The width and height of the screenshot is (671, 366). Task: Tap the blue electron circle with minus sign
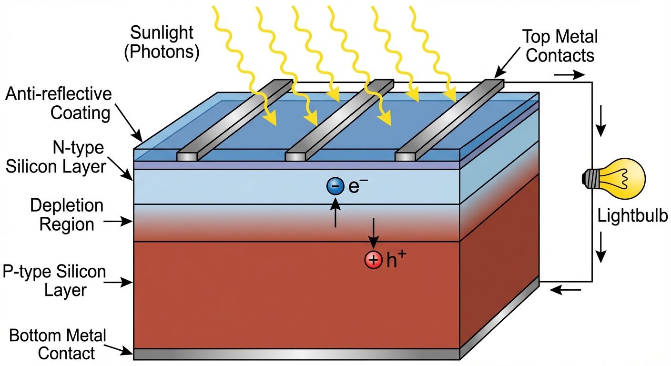coord(335,186)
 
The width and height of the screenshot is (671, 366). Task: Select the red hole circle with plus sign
coord(373,260)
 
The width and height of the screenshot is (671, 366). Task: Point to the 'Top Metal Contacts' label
coord(560,46)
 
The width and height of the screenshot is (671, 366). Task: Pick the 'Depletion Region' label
coord(67,214)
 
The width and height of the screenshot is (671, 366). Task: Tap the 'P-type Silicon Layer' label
coord(54,281)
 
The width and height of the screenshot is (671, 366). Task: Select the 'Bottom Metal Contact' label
coord(58,344)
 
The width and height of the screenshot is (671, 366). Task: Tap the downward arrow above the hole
coord(373,234)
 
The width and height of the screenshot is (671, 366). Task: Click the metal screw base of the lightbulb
coord(590,179)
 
